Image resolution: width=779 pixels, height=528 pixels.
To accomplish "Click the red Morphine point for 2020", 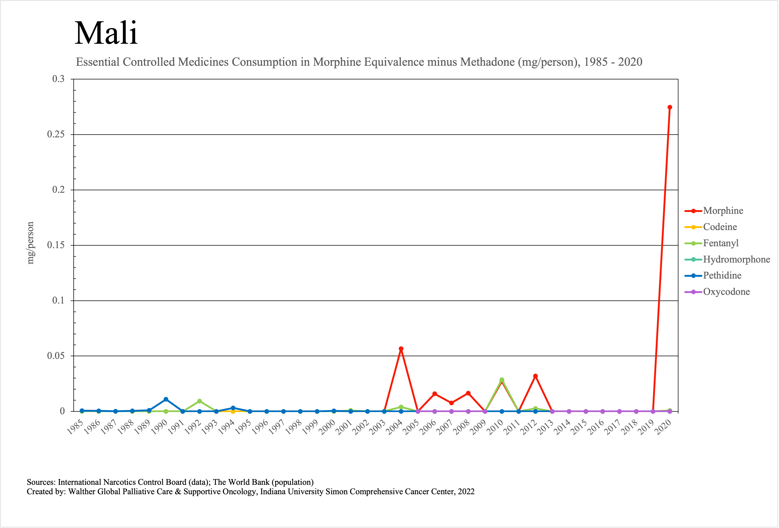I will (x=669, y=107).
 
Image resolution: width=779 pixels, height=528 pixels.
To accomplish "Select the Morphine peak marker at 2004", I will (x=401, y=349).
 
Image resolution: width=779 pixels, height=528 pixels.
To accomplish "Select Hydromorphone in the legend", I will (x=736, y=259).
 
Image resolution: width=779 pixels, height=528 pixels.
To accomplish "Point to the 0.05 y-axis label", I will (x=56, y=356).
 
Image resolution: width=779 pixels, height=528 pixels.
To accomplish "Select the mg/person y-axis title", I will (x=30, y=243).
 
